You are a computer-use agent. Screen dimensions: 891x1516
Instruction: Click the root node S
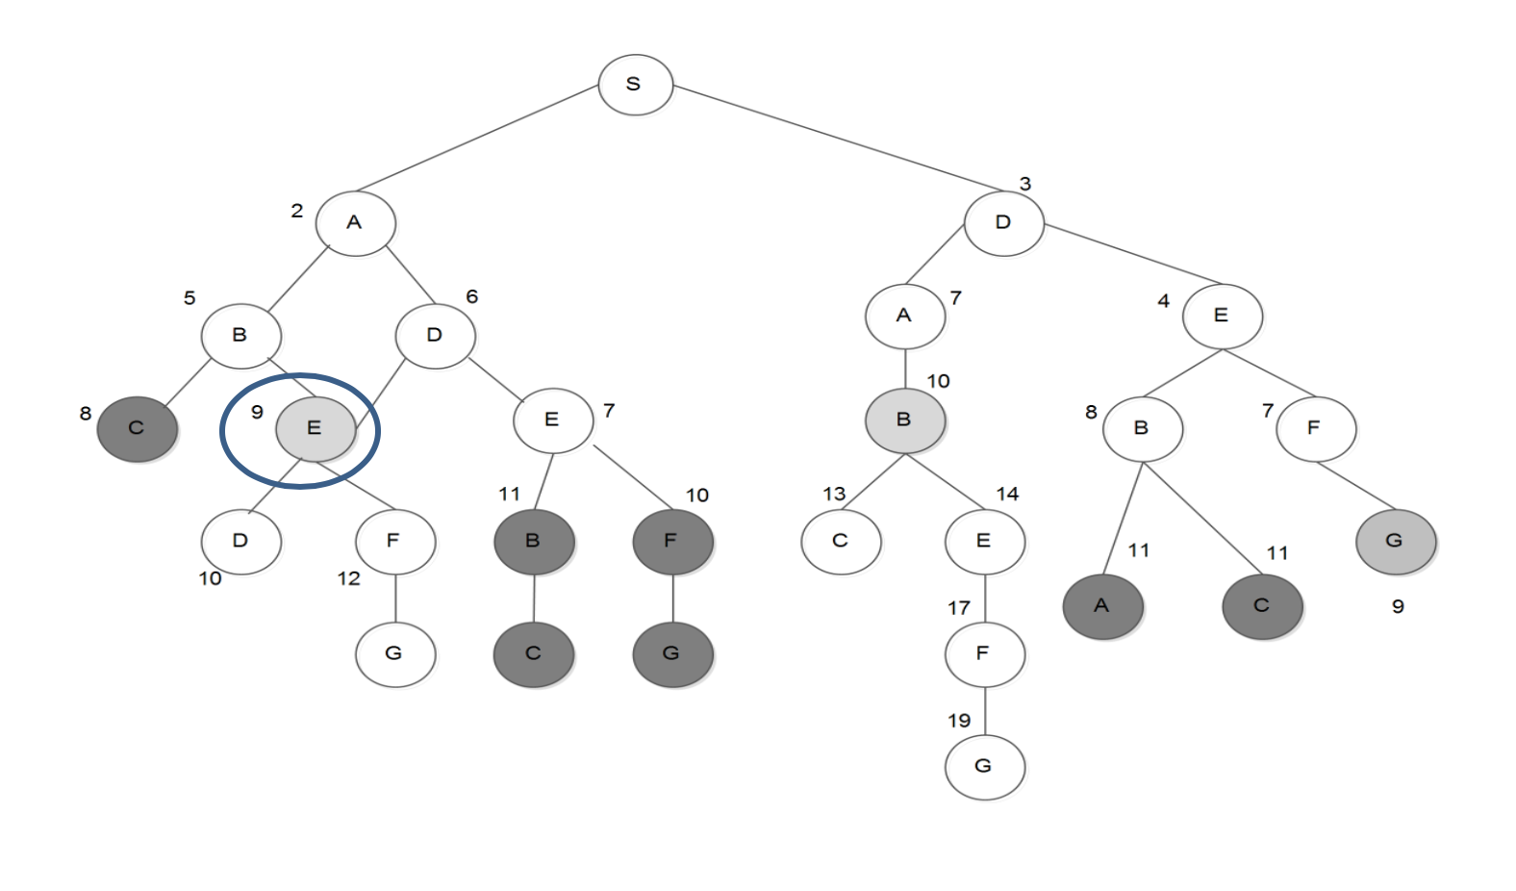[x=635, y=85]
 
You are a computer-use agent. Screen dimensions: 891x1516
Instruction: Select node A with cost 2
[x=355, y=223]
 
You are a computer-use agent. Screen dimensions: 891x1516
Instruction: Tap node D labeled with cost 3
[x=1003, y=223]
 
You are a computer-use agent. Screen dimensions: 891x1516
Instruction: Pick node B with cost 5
[x=240, y=335]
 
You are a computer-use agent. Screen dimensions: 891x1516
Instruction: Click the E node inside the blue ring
[x=315, y=428]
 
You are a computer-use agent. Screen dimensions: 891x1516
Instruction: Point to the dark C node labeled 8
[x=137, y=428]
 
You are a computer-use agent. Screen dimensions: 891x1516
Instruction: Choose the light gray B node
[x=904, y=420]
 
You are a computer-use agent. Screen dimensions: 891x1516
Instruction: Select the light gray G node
[x=1395, y=541]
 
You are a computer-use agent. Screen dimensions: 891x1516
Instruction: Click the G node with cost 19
[x=984, y=767]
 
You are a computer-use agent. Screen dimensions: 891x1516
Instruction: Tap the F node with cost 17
[x=984, y=653]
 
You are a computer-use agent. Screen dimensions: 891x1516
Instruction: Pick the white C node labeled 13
[x=841, y=541]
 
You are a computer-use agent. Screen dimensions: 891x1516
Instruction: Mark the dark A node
[x=1102, y=606]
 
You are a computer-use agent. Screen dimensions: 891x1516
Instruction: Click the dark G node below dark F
[x=672, y=653]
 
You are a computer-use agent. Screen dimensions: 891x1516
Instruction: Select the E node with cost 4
[x=1222, y=316]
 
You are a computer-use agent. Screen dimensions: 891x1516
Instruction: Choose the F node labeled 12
[x=394, y=541]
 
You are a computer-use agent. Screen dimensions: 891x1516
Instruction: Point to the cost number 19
[x=959, y=721]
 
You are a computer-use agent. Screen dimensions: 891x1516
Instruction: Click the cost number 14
[x=1007, y=495]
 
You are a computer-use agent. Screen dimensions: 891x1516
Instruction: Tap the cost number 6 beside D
[x=471, y=296]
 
